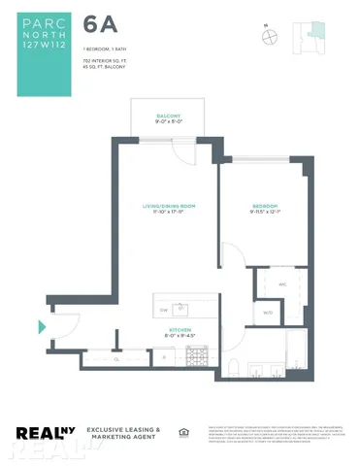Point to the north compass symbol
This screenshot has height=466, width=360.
pyautogui.click(x=269, y=36)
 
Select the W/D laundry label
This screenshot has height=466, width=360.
pyautogui.click(x=268, y=312)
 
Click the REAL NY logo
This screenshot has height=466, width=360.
pyautogui.click(x=46, y=434)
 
